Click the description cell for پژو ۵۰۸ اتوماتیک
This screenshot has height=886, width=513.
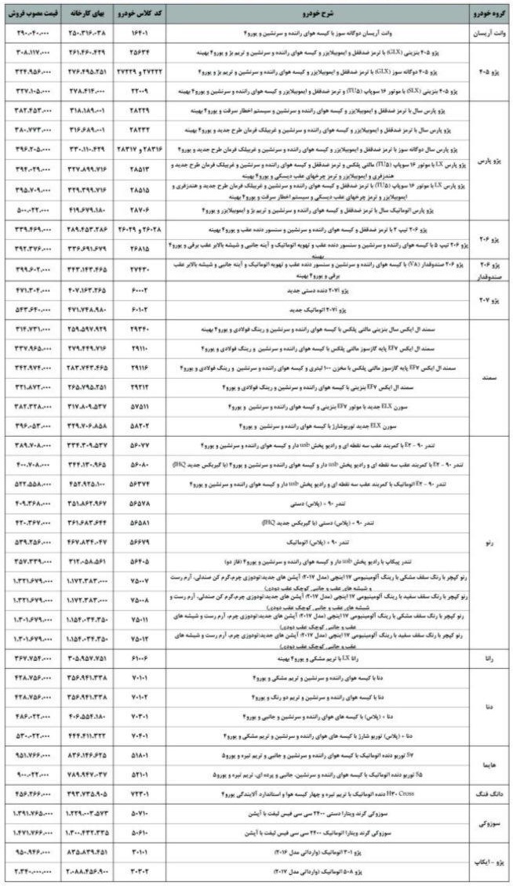(314, 870)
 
